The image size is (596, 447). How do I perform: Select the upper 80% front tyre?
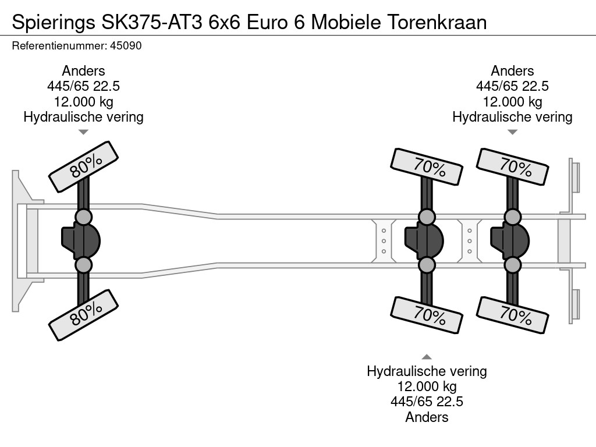click(83, 166)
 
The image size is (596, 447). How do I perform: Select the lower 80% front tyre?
click(83, 315)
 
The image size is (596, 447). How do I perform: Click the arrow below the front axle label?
click(83, 132)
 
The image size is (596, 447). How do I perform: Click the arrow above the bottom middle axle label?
click(427, 357)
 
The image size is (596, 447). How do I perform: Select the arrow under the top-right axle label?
click(512, 132)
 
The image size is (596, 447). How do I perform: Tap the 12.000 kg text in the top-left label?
click(83, 101)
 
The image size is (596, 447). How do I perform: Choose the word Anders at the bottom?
click(427, 417)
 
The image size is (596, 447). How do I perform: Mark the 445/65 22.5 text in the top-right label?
click(512, 86)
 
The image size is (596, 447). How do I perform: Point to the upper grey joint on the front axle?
click(83, 217)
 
